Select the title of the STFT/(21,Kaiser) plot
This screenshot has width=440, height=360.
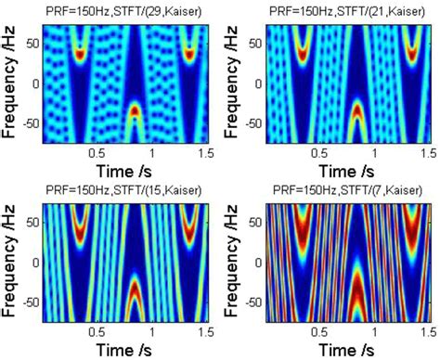pyautogui.click(x=338, y=9)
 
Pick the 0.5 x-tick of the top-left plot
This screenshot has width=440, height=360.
pyautogui.click(x=92, y=153)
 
